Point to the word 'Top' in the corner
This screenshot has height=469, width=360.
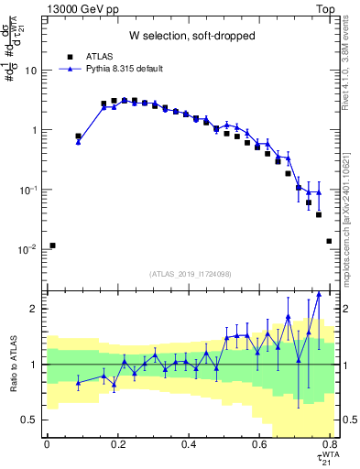(340, 8)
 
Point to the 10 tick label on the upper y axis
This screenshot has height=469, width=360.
(31, 71)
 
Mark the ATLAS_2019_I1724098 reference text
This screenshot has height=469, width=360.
(191, 274)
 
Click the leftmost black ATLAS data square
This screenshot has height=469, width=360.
(53, 245)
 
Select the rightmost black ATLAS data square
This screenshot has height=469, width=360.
(329, 241)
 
